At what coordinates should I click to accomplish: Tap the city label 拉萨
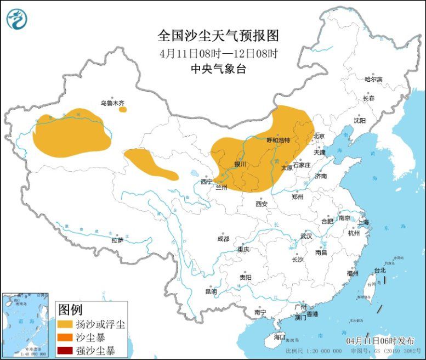pos(117,240)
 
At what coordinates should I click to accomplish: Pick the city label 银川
pos(240,164)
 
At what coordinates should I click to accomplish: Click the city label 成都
pos(223,239)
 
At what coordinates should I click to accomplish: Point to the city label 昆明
pos(211,291)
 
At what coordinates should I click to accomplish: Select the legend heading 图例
pos(70,309)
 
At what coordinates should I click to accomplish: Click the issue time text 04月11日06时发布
pos(380,341)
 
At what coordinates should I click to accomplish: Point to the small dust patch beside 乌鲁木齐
pos(123,109)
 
